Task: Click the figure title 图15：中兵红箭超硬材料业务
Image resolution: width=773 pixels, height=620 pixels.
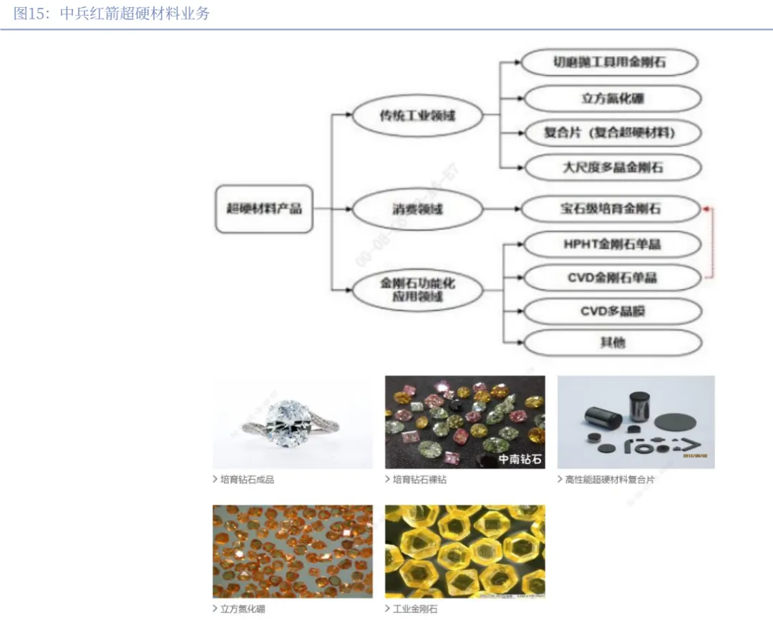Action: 112,14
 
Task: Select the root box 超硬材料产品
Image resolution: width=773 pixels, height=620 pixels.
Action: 264,209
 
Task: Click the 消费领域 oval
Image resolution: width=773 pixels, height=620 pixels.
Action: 417,209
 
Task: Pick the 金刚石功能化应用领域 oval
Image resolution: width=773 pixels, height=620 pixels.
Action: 417,289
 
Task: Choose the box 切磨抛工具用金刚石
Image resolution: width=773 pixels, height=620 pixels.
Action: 609,62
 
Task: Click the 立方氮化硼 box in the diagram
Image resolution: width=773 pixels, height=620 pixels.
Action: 612,99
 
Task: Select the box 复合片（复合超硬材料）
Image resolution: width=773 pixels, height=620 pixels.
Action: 611,132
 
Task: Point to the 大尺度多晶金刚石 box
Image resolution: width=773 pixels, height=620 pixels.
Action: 612,168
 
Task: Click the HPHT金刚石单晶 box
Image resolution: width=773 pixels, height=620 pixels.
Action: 611,244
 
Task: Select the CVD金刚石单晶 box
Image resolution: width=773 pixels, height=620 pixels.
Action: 611,278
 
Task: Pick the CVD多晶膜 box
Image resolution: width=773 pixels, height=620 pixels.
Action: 612,311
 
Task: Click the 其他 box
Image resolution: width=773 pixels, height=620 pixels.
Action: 612,342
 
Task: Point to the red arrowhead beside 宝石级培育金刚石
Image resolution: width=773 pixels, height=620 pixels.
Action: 706,209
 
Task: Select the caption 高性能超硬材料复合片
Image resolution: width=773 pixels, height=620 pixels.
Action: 609,480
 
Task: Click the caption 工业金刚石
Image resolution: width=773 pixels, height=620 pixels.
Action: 414,609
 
